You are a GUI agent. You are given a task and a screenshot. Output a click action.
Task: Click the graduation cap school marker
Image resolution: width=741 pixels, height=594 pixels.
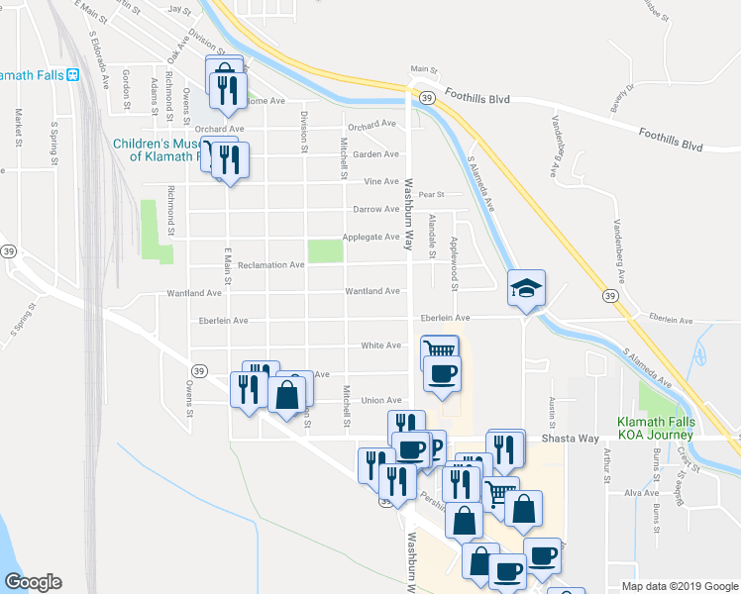pyautogui.click(x=527, y=288)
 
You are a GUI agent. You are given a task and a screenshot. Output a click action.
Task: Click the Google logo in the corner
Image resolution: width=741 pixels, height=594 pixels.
pyautogui.click(x=33, y=582)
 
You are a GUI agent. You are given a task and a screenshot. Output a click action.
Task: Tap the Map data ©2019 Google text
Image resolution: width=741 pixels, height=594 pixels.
pyautogui.click(x=681, y=586)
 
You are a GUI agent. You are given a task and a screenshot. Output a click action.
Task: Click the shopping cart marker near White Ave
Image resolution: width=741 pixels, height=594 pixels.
pyautogui.click(x=439, y=350)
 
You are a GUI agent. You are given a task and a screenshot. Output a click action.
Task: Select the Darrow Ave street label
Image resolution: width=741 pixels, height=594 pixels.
pyautogui.click(x=375, y=209)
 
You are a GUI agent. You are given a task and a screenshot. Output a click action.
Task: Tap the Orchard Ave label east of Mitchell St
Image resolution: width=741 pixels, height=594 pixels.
pyautogui.click(x=371, y=125)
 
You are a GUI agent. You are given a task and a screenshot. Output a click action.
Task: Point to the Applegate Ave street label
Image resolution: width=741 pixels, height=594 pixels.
pyautogui.click(x=370, y=237)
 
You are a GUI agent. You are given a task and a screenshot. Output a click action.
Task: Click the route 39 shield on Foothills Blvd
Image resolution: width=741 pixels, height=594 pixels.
pyautogui.click(x=424, y=98)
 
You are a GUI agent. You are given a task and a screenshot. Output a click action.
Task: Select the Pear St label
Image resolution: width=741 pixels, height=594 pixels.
pyautogui.click(x=432, y=195)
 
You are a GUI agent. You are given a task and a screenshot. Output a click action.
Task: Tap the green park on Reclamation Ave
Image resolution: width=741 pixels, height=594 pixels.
pyautogui.click(x=326, y=251)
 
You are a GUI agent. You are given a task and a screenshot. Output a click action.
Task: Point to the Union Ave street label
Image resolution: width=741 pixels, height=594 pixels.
pyautogui.click(x=380, y=401)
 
